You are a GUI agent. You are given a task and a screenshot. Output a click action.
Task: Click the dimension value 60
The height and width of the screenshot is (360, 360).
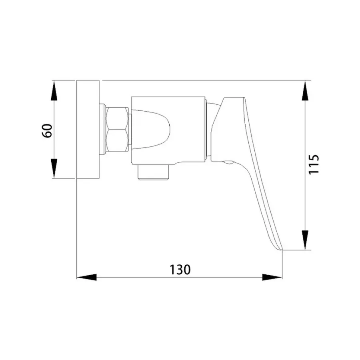(x=47, y=131)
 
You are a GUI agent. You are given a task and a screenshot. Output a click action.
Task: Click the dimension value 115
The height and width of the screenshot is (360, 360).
(x=313, y=164)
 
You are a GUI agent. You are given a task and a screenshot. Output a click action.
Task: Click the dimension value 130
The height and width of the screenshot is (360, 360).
(x=180, y=270)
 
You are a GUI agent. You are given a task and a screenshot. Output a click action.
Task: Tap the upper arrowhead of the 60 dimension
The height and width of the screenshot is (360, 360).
(x=54, y=90)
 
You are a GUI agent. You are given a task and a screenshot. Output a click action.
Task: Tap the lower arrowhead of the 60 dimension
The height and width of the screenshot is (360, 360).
(x=54, y=168)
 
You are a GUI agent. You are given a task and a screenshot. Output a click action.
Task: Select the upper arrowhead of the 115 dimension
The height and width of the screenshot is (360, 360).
(x=305, y=90)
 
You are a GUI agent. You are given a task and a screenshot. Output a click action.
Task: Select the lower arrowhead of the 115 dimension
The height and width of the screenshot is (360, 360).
(x=305, y=240)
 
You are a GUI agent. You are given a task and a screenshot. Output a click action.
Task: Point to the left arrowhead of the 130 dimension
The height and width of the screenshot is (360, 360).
(x=87, y=277)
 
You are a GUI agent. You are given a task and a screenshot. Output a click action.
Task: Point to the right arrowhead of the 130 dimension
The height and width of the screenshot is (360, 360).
(x=272, y=277)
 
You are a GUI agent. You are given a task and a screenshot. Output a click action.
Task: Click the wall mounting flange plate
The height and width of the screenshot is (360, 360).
(x=88, y=129)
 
